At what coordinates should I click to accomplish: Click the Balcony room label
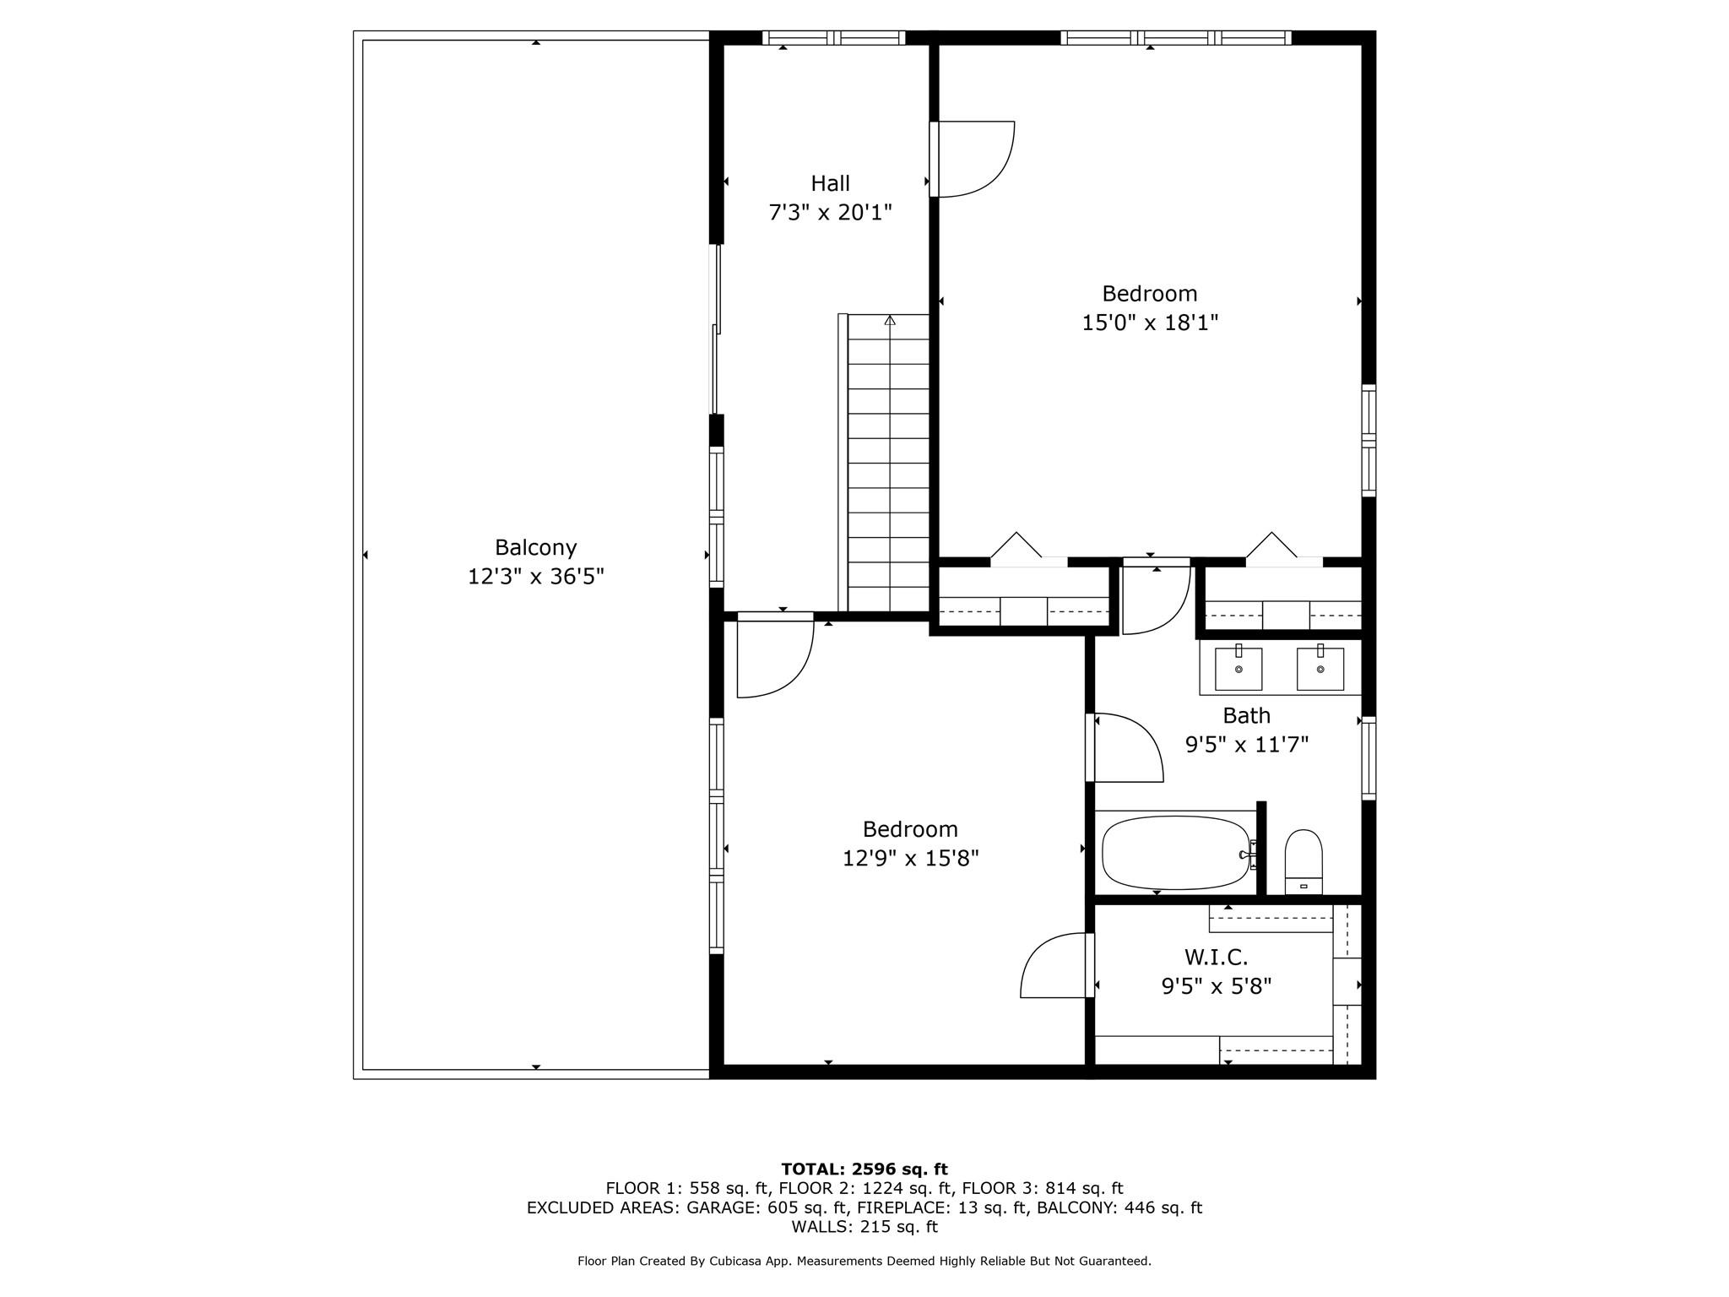535,548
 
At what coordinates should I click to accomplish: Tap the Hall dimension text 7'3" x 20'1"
830,212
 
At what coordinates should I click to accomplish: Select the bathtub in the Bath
1176,852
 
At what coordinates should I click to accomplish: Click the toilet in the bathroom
1304,861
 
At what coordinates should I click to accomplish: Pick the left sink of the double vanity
1238,669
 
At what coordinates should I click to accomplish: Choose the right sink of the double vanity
1320,669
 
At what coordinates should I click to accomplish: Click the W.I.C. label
1216,958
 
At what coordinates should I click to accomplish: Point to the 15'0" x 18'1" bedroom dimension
1150,323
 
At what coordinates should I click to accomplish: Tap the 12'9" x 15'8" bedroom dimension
910,859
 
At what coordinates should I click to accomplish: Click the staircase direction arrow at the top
890,320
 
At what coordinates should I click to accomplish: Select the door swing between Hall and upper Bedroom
973,160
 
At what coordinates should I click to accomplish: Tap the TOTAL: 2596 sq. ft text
864,1169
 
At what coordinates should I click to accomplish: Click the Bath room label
1246,716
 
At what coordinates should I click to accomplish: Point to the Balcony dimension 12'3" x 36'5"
536,577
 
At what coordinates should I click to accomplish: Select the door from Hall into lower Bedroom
775,655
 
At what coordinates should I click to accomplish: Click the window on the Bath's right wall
1369,757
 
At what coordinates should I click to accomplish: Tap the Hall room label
830,183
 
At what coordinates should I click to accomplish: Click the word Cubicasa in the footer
732,1262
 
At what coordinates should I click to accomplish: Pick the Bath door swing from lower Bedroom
1126,748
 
